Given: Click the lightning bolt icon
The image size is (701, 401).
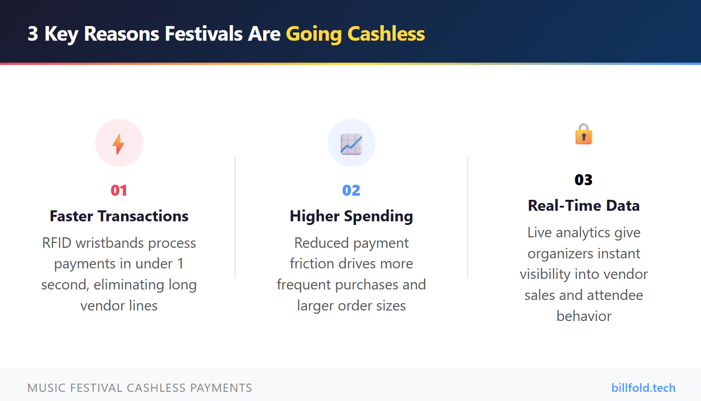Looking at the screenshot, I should (119, 144).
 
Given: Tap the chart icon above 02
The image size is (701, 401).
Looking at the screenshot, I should (351, 144).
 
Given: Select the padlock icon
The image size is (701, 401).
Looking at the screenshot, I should (583, 134).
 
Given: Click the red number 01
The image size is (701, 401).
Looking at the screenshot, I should (119, 190).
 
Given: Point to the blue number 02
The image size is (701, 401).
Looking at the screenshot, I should (351, 190).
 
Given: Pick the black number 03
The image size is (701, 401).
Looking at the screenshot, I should (583, 180).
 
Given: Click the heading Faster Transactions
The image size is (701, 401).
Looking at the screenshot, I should (119, 216).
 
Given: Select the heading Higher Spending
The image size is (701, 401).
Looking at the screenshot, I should (351, 216).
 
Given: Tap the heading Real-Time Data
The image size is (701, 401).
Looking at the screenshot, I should (583, 206).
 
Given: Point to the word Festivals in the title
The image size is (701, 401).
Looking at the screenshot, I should (204, 34).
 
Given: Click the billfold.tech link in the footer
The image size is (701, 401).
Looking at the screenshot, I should (643, 388).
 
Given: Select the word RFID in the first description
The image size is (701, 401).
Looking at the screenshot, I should (57, 243).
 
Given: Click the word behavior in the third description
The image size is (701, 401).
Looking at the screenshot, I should (584, 316).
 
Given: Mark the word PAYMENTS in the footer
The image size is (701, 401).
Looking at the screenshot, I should (221, 388).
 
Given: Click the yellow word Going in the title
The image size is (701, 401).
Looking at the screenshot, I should (314, 34).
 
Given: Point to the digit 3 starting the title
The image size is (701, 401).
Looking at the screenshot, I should (32, 34).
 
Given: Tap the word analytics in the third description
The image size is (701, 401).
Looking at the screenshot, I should (583, 233).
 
